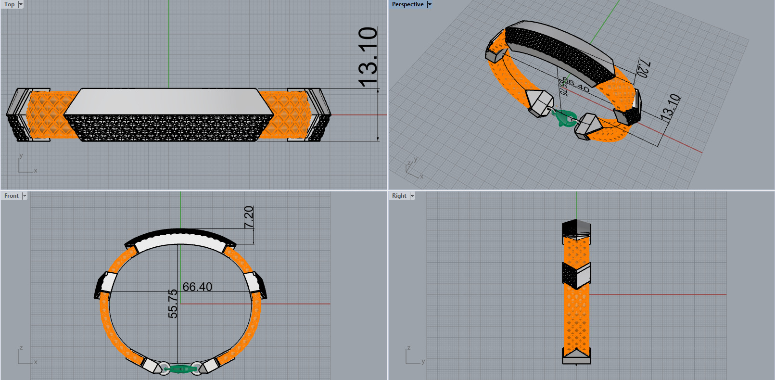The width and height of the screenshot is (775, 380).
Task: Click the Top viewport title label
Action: [x=10, y=4]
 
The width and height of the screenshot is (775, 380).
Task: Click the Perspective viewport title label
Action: [x=407, y=4]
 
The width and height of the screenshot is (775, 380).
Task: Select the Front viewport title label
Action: [x=12, y=196]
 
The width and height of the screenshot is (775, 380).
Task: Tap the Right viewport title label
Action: [x=399, y=196]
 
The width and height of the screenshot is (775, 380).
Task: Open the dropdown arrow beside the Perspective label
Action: [x=430, y=4]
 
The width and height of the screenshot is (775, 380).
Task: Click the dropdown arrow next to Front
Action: [x=25, y=196]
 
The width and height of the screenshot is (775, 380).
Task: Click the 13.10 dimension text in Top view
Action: [x=368, y=57]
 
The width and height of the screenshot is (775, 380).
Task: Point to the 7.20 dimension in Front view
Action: [x=249, y=217]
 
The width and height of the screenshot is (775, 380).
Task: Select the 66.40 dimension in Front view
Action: [x=197, y=287]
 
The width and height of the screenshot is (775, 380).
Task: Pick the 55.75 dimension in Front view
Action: [x=173, y=304]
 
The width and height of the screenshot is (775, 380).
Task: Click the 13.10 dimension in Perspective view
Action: [x=670, y=107]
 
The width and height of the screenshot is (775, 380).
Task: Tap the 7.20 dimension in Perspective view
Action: [x=643, y=68]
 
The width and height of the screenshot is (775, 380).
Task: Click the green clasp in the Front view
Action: [x=180, y=369]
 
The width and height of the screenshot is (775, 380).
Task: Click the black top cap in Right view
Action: [x=576, y=226]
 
